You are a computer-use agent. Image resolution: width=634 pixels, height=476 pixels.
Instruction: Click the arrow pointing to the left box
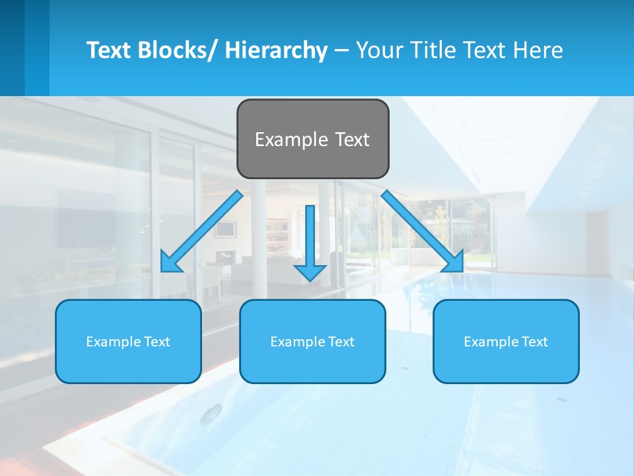coord(201,231)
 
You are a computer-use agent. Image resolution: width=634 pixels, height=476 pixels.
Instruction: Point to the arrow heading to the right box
coord(423,231)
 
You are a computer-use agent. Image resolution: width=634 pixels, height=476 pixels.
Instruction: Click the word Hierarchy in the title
coord(276,50)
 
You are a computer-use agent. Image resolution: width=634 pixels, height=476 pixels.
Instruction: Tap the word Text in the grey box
coord(351,139)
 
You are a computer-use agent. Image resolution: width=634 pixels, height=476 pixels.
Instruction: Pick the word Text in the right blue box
coord(534,342)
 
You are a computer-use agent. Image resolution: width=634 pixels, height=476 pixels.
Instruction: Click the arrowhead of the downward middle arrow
coord(310,272)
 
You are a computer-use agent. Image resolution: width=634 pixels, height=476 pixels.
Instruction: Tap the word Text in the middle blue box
coord(340,342)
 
